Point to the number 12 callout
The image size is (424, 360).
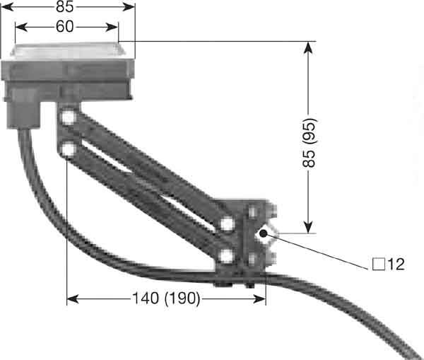[396, 265]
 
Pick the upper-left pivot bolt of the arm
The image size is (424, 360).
[69, 118]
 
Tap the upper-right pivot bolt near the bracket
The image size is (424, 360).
[226, 224]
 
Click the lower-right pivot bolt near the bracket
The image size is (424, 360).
[226, 255]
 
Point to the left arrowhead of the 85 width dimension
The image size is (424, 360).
[16, 7]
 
